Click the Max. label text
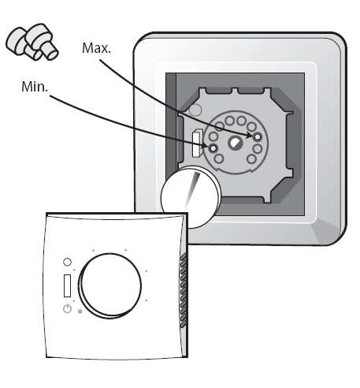click(96, 48)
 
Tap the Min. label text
click(35, 87)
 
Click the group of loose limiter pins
click(32, 43)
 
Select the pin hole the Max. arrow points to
click(258, 136)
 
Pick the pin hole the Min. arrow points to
click(213, 148)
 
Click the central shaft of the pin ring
click(236, 143)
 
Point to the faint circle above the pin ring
click(195, 110)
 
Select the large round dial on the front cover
click(110, 285)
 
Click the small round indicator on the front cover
click(67, 262)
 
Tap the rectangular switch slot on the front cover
click(68, 286)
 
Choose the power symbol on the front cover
click(67, 308)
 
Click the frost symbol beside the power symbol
click(80, 312)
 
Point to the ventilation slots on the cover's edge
click(184, 290)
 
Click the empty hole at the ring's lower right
click(251, 159)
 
